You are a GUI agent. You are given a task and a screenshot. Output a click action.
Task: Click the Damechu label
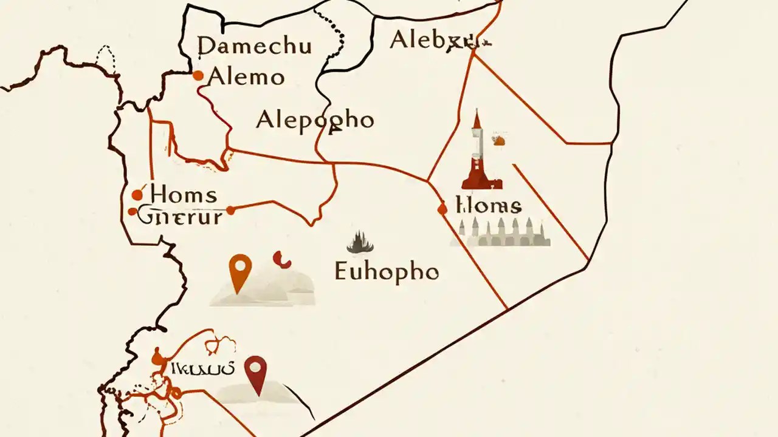246,46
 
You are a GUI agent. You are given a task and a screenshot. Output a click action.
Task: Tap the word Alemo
246,77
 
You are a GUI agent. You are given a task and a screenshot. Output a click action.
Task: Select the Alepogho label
315,120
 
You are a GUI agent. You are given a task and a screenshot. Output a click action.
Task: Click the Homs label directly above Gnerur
183,195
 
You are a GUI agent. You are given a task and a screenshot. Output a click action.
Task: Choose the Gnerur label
180,216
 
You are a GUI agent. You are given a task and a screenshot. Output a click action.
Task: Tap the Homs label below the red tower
488,206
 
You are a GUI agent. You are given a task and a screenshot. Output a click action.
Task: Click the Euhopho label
387,271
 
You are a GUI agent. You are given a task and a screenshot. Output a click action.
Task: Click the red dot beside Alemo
198,76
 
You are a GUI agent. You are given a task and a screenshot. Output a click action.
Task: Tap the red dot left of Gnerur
133,212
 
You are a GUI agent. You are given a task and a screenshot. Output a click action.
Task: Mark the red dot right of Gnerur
230,211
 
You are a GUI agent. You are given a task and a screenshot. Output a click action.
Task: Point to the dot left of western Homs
137,195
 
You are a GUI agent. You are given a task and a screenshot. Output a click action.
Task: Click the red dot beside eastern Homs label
442,209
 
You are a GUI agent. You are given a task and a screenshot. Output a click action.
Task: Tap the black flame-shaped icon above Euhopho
360,243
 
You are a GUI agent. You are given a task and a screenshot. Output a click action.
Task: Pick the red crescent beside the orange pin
281,260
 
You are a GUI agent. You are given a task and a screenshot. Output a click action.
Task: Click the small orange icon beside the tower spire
499,141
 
